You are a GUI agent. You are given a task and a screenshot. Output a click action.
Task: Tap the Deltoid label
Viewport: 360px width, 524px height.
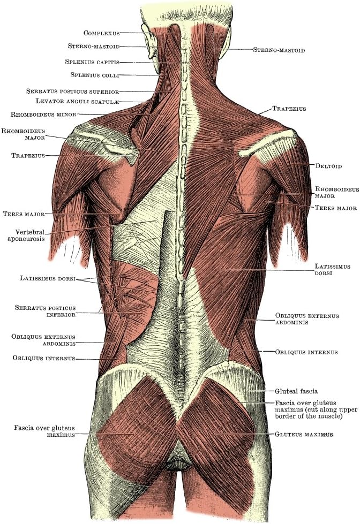point(328,166)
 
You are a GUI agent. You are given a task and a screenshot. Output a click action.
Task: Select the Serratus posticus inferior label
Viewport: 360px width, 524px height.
point(45,312)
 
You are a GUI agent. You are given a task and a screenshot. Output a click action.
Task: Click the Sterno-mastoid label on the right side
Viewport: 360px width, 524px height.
point(279,50)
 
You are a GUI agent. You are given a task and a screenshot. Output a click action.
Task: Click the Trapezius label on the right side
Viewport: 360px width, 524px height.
point(289,109)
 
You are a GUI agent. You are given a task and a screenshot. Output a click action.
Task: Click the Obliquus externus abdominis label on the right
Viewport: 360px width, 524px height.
point(306,320)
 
